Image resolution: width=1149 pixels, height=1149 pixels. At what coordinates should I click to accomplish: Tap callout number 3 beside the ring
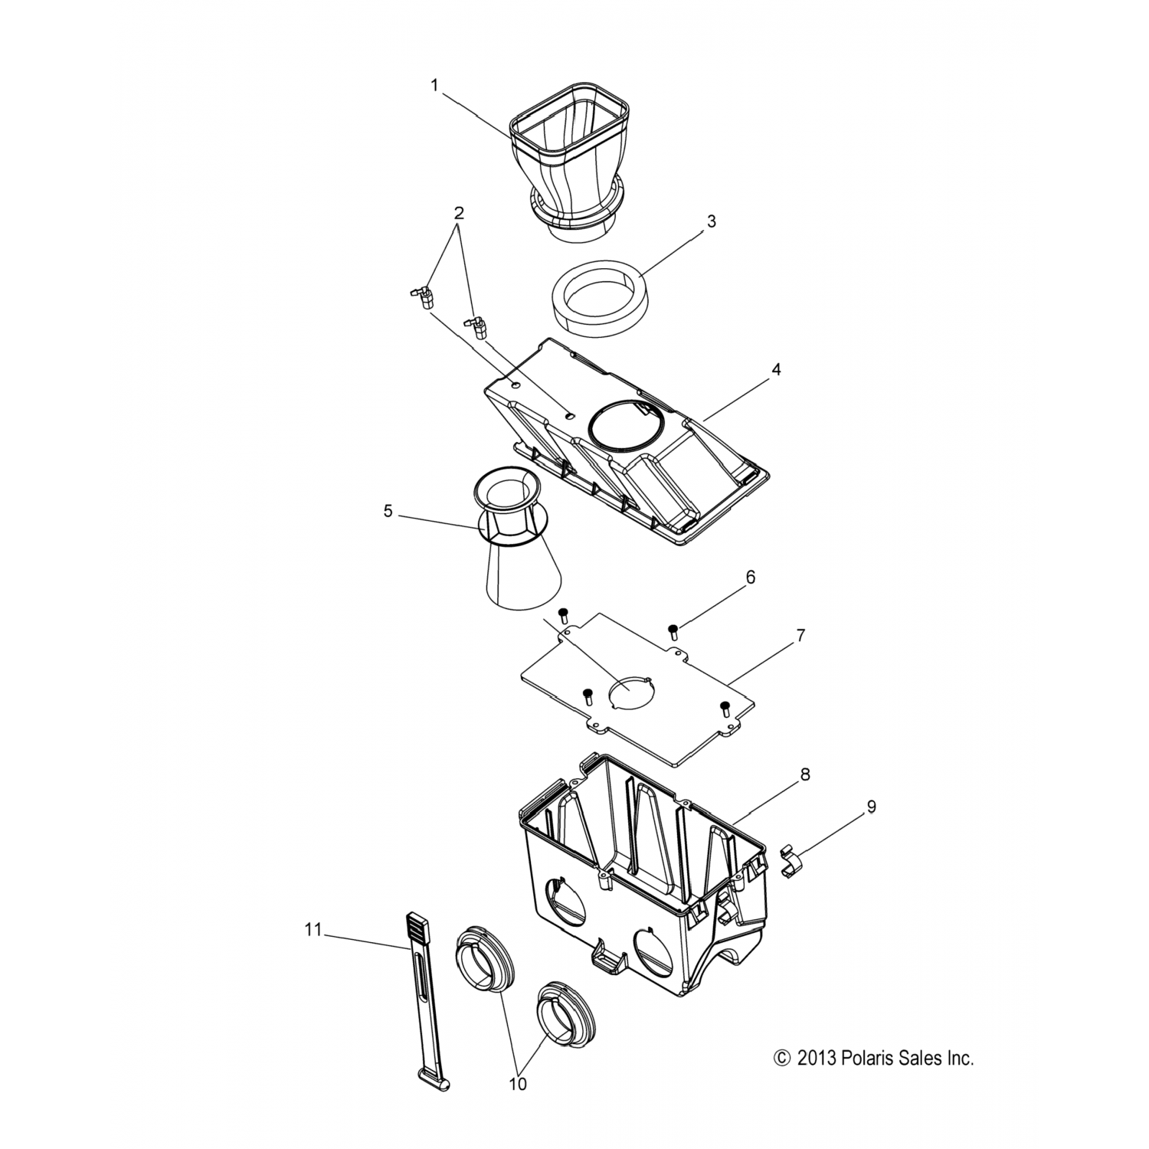pos(711,222)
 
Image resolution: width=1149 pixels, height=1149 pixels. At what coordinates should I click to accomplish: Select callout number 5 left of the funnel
pos(388,511)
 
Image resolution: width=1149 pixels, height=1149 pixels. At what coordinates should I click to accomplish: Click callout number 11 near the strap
pos(312,930)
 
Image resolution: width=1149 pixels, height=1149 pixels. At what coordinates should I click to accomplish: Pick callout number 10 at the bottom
pos(519,1084)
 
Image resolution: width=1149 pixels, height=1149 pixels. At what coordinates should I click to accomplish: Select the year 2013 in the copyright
pos(813,1059)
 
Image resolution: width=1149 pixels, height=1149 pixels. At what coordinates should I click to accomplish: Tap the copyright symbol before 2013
pos(782,1059)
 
